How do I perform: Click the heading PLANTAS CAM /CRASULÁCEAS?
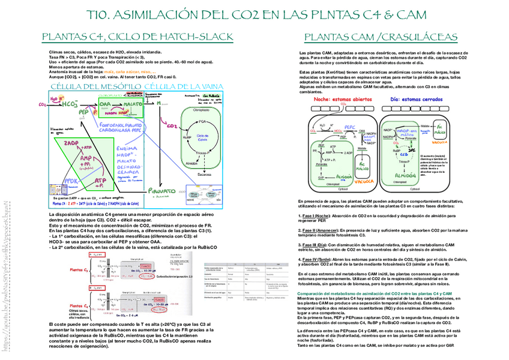[x=380, y=37]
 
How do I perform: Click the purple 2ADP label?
[x=71, y=144]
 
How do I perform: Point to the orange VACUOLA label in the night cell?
[x=363, y=181]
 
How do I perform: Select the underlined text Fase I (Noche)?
[x=316, y=215]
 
